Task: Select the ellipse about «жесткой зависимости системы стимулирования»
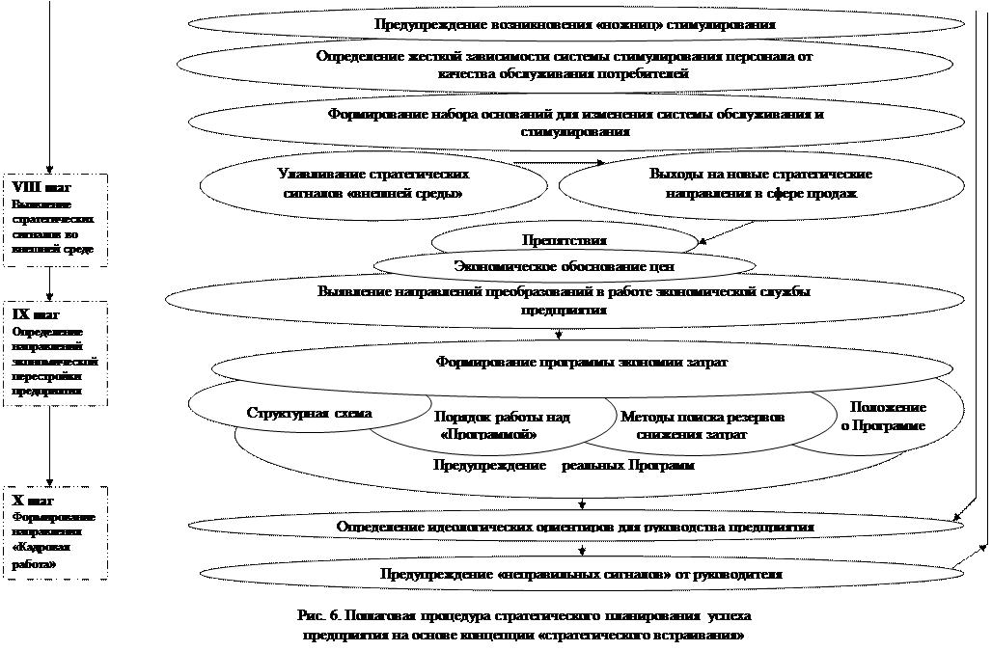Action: point(565,65)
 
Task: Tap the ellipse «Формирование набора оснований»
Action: point(575,122)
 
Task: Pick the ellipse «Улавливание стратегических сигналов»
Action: point(372,183)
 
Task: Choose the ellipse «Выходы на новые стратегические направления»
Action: point(760,183)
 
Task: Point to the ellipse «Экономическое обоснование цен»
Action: point(564,265)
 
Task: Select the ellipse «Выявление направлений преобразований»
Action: point(564,301)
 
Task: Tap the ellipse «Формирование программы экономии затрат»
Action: point(581,362)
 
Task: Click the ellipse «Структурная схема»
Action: point(309,413)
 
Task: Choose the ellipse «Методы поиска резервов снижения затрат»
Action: point(702,425)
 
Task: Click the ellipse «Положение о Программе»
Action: point(883,417)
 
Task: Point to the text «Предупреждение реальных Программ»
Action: point(564,466)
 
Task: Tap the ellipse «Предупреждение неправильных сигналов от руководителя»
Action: point(580,574)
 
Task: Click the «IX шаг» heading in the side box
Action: point(36,314)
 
